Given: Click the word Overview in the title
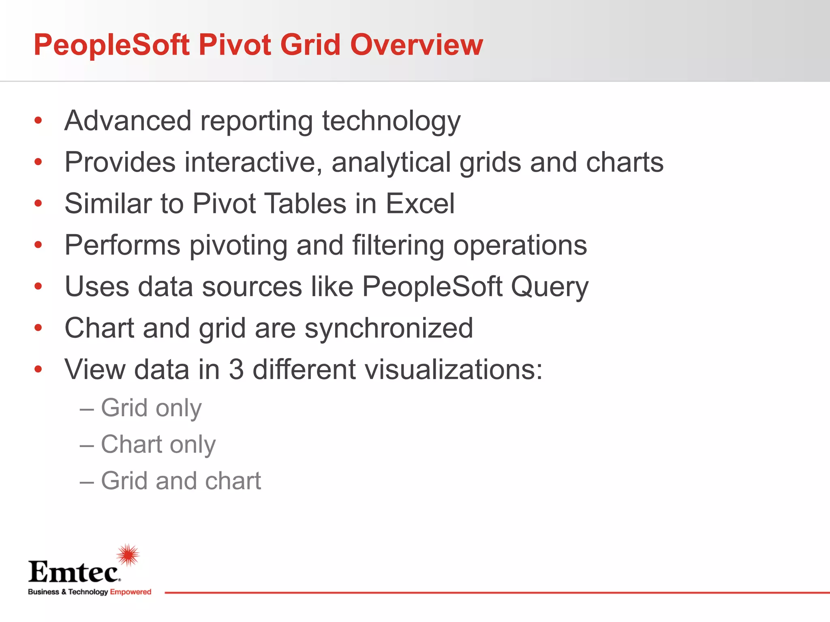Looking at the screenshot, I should click(416, 45).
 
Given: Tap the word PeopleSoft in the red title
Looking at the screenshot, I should click(111, 45).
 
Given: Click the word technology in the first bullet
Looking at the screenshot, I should click(391, 121).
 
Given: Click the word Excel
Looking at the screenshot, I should click(420, 203).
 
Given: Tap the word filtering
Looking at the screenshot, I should click(398, 245).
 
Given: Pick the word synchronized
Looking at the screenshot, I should click(389, 328).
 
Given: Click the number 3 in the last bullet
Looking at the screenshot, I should click(236, 369).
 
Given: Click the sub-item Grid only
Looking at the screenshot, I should click(151, 408).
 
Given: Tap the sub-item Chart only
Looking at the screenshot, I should click(158, 444).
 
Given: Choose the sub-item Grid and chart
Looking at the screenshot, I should click(181, 481).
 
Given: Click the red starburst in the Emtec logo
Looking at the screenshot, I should click(128, 555).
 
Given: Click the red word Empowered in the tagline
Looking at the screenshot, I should click(130, 592).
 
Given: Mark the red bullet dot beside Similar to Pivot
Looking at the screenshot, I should click(38, 203).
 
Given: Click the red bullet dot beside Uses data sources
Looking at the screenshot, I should click(38, 286).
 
